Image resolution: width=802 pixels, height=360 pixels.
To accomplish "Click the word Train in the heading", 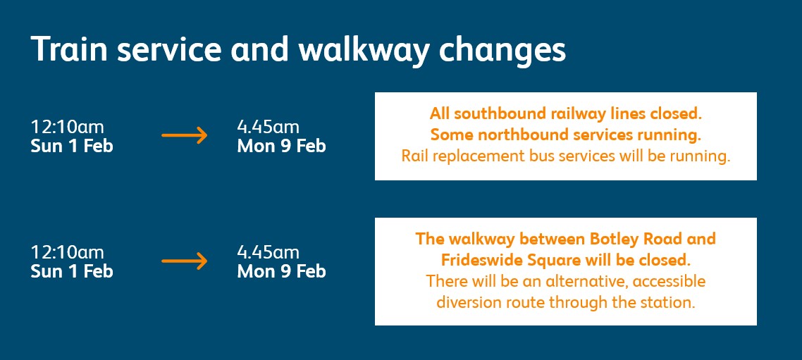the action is coord(70,49).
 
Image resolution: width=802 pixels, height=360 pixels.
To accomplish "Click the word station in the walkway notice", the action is coord(670,302).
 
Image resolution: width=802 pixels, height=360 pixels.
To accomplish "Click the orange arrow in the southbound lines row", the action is coord(184,135).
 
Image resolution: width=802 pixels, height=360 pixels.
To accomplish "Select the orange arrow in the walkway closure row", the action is coord(184,261).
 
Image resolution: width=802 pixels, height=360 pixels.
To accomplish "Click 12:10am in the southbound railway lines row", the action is coord(67,127).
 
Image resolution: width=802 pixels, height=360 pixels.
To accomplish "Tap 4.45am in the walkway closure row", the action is coord(268,252).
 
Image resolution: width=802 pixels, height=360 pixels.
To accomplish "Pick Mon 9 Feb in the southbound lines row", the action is coord(281,147).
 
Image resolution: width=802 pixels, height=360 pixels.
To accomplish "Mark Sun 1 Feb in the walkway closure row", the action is coord(72,271).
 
